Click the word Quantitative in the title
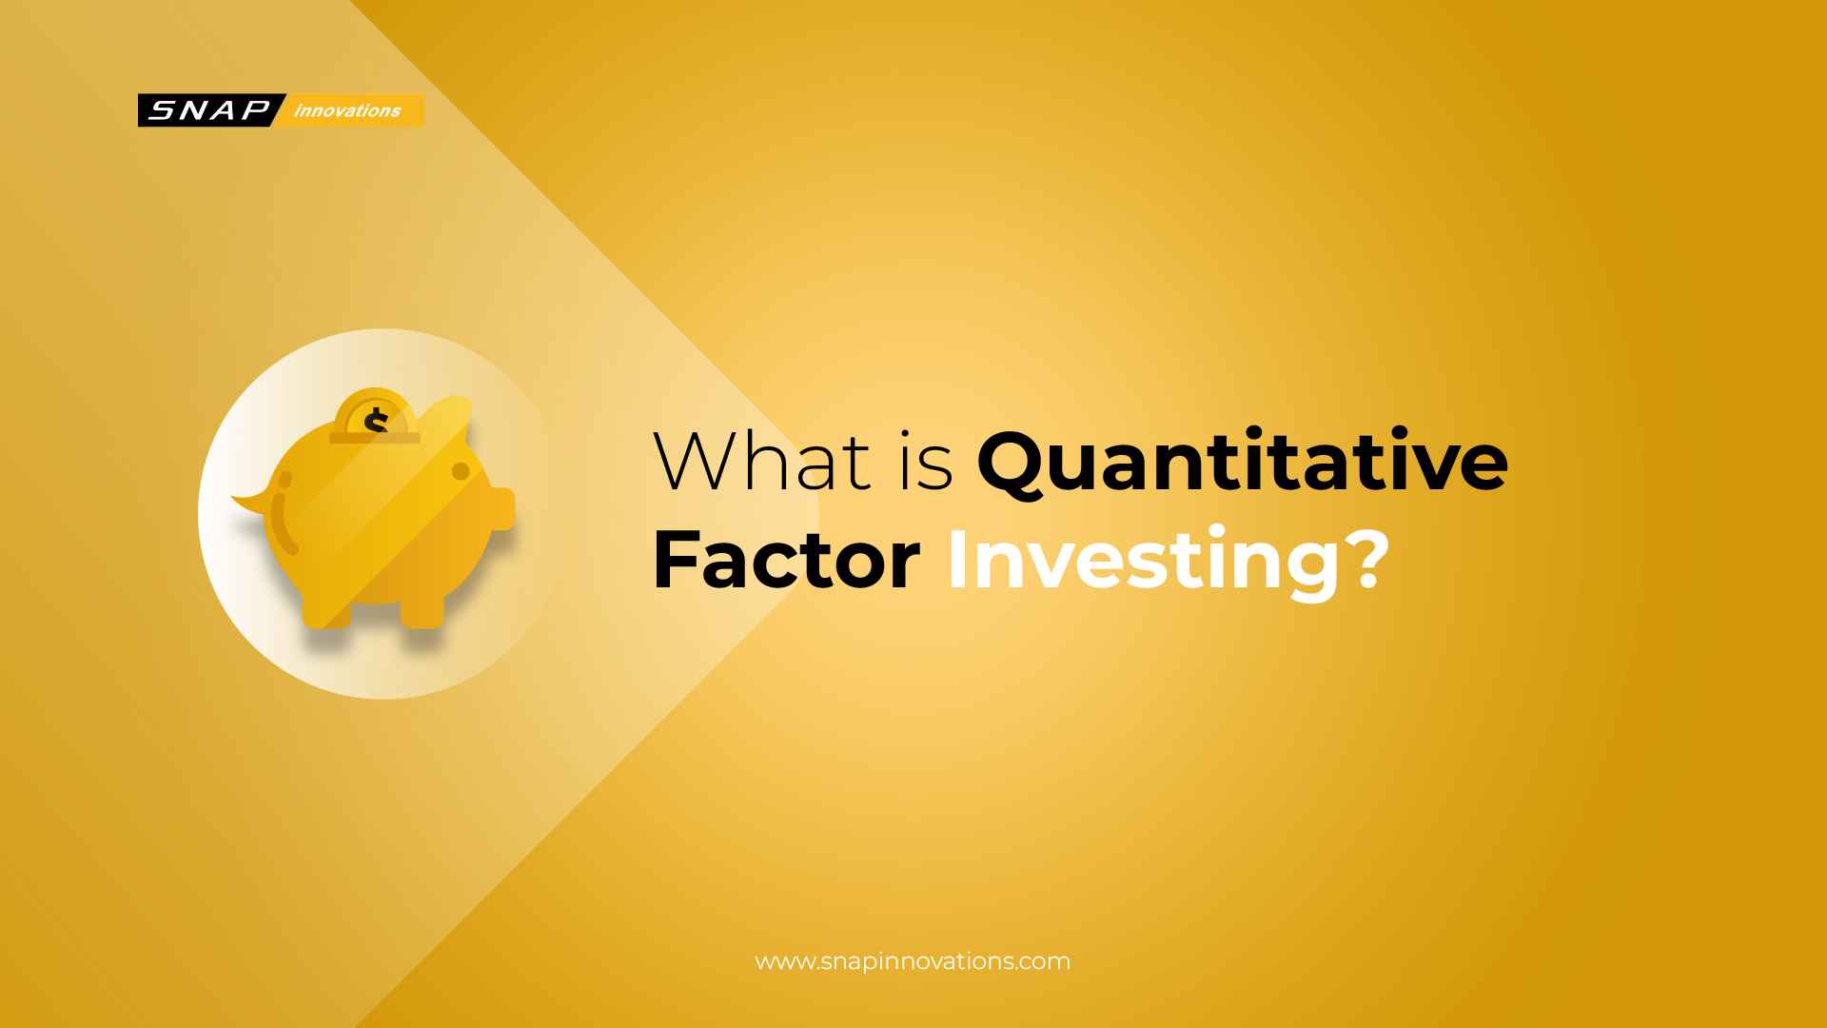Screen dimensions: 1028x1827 (x=1242, y=462)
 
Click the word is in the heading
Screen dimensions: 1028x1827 (x=925, y=462)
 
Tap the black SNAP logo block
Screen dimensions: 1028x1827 (x=209, y=110)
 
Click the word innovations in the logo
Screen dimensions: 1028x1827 (x=347, y=110)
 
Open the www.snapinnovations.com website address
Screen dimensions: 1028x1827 (x=913, y=961)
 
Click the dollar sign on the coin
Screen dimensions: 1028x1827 (x=377, y=420)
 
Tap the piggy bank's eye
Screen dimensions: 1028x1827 (x=461, y=471)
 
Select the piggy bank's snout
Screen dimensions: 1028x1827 (x=502, y=508)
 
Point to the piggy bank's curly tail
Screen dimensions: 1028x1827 (x=251, y=501)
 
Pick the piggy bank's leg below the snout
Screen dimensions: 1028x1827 (x=422, y=609)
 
